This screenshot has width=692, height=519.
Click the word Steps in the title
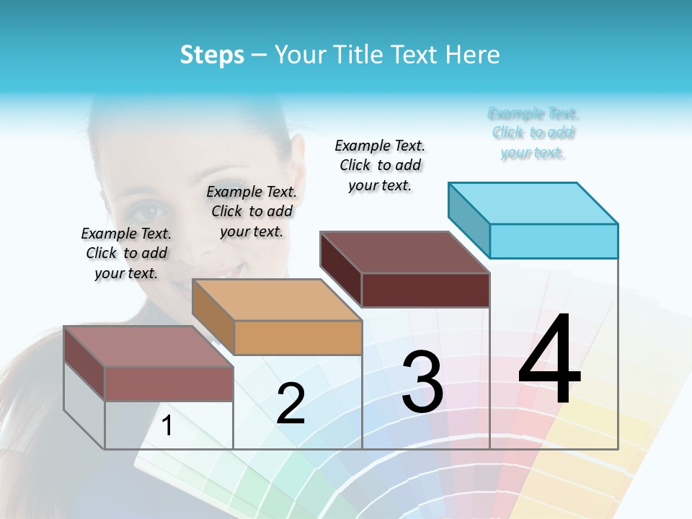(212, 55)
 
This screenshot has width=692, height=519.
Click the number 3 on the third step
(422, 382)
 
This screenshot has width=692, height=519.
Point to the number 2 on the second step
(290, 404)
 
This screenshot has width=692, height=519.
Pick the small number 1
(167, 426)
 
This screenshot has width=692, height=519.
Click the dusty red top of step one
(148, 347)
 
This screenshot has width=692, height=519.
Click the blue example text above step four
(533, 133)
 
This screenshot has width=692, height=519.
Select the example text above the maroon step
(380, 165)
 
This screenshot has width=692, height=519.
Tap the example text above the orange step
(252, 211)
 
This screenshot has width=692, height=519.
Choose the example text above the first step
(126, 253)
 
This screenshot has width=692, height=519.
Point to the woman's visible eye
(150, 211)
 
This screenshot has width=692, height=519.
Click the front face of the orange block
(298, 337)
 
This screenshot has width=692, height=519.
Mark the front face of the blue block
(554, 241)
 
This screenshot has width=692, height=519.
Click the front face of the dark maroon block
(425, 290)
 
